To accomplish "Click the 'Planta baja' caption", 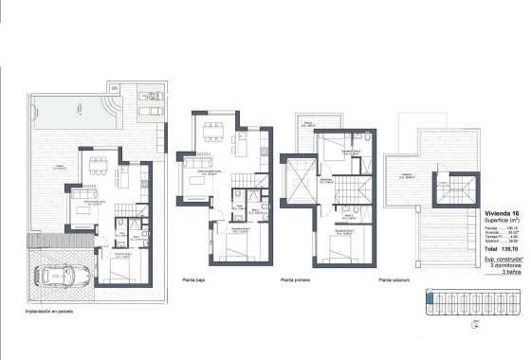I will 196,280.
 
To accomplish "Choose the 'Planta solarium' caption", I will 398,280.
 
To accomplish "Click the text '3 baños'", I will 505,272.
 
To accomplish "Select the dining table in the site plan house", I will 97,167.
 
